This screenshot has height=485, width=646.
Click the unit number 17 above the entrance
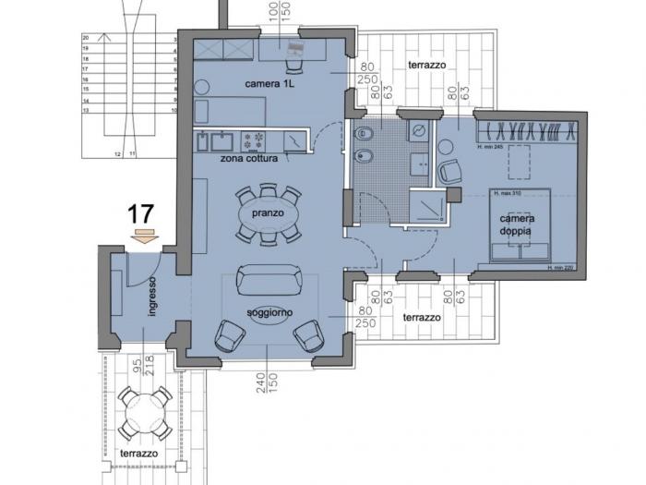tap(140, 213)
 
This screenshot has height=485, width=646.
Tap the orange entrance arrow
tap(143, 237)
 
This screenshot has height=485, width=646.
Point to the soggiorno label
tap(269, 312)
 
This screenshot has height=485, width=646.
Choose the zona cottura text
tap(244, 158)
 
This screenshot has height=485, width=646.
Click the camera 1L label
tap(269, 84)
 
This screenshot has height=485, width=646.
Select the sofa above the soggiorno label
tap(268, 279)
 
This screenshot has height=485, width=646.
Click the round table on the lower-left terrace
tap(143, 406)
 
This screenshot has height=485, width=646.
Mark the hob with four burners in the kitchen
tap(254, 140)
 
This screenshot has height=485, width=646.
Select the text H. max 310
tap(508, 194)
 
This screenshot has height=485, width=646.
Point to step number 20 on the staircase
tap(85, 38)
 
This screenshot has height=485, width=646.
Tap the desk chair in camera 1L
tap(293, 66)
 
